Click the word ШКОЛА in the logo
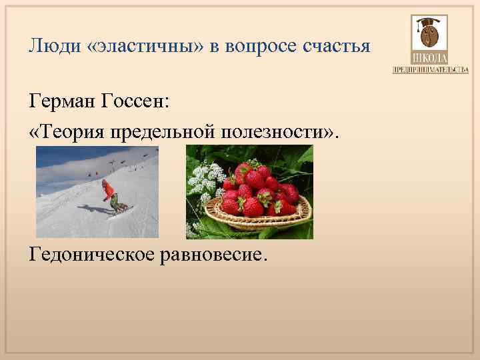click(429, 59)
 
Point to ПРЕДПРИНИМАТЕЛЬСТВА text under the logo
click(430, 70)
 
